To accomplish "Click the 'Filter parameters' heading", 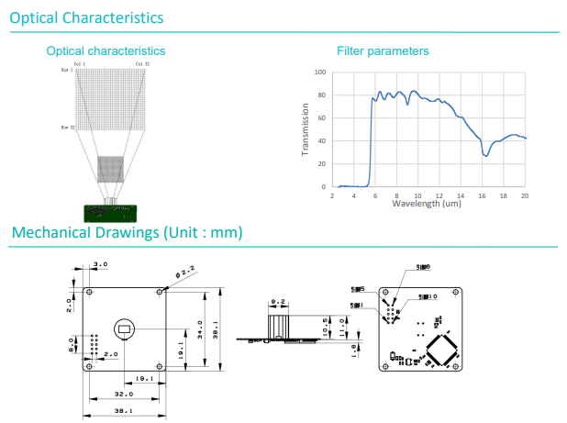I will click(x=383, y=51).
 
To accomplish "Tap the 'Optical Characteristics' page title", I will click(x=87, y=17).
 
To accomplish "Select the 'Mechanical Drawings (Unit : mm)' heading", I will click(x=127, y=233).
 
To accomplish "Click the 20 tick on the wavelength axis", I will click(x=524, y=195).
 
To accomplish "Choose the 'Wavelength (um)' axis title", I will click(x=426, y=203).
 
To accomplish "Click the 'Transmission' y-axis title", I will click(x=306, y=129).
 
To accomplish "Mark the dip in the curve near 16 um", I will click(x=486, y=155).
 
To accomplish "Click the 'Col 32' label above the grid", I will click(x=141, y=64).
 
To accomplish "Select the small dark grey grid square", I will click(x=110, y=169).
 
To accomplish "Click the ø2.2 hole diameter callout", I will click(x=185, y=273).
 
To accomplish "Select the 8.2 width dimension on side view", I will click(x=279, y=301).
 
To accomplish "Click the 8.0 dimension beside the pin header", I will click(x=73, y=346).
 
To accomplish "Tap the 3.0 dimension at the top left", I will click(x=101, y=264).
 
